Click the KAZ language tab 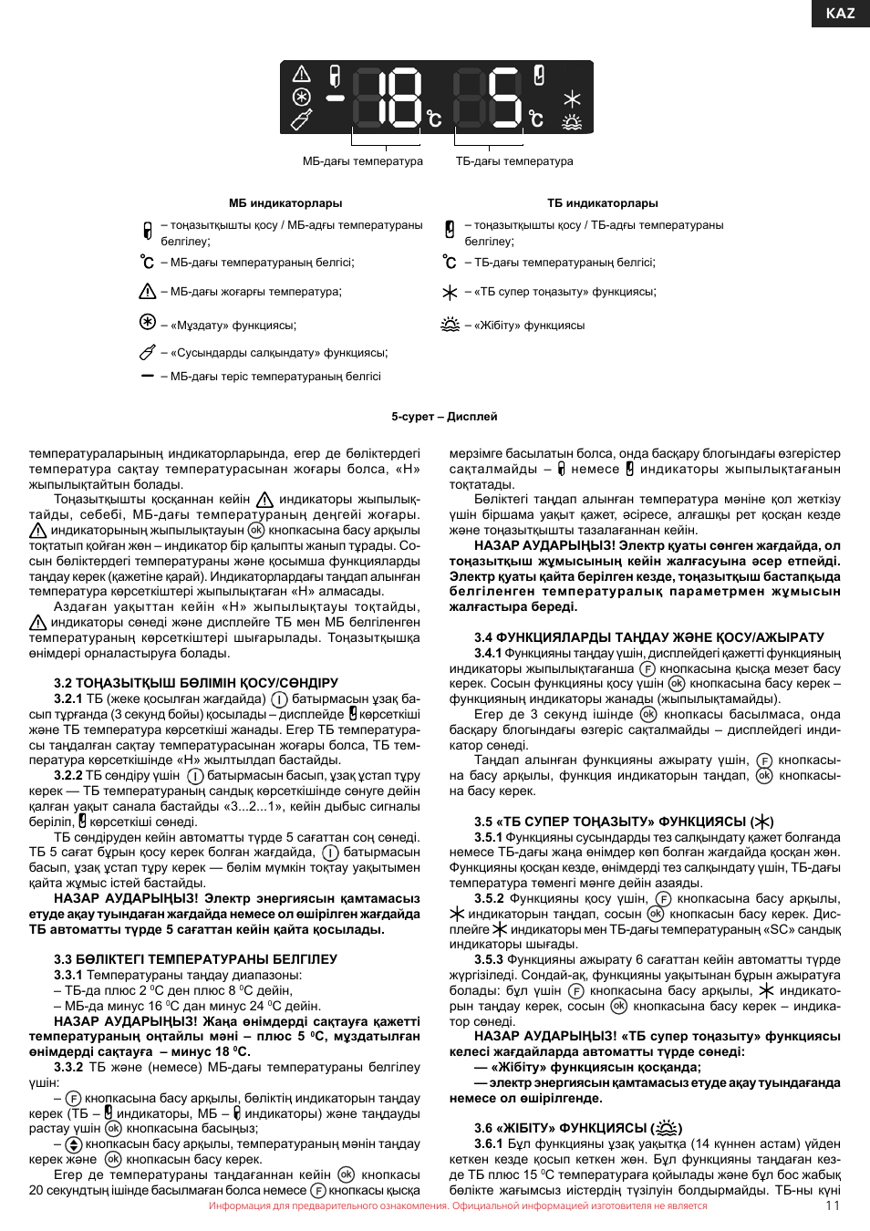tap(840, 13)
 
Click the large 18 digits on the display tap(388, 98)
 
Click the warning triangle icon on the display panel tap(302, 74)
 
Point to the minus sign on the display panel tap(336, 98)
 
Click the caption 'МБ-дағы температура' tap(362, 161)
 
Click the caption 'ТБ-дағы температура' tap(514, 161)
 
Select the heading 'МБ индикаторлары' tap(285, 203)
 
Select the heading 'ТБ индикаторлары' tap(602, 203)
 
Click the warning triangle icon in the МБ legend tap(148, 292)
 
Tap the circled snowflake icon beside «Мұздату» tap(148, 322)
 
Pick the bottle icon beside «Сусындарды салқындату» tap(148, 352)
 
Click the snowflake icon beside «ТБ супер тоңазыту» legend tap(450, 293)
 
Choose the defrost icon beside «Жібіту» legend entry tap(451, 325)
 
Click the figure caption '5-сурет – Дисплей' tap(444, 417)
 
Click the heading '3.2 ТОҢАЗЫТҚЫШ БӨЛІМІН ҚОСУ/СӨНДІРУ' tap(196, 683)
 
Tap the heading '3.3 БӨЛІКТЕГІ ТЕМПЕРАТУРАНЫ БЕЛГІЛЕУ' tap(195, 959)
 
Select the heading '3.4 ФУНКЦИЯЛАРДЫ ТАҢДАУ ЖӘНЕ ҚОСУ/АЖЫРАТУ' tap(648, 637)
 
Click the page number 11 tap(832, 1205)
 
